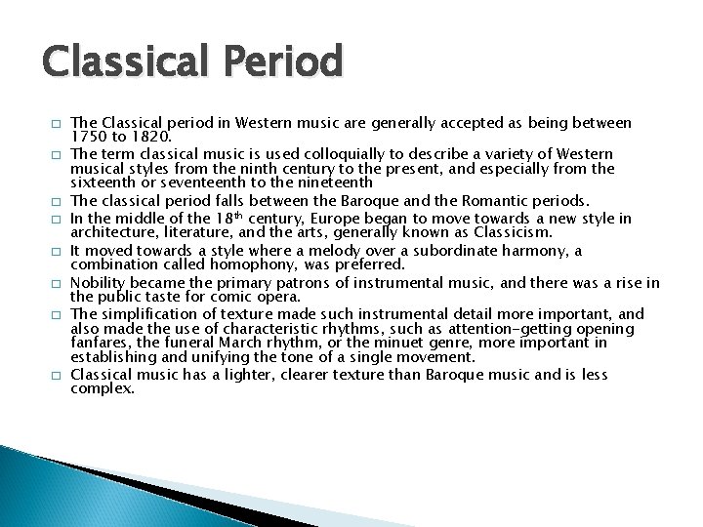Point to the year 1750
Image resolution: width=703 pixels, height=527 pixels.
(89, 138)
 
